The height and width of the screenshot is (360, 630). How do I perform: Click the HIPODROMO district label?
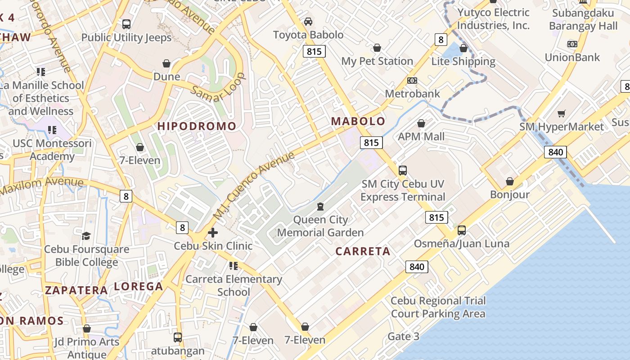(x=197, y=126)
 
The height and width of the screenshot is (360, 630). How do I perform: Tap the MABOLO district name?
(x=358, y=121)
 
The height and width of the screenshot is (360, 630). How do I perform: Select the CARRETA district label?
(x=363, y=252)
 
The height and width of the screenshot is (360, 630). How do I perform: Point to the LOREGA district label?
(x=138, y=286)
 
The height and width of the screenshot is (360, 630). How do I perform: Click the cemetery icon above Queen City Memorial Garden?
(x=320, y=207)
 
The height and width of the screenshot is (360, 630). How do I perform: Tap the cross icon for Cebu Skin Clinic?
(x=213, y=233)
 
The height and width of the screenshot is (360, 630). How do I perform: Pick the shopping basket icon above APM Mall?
(x=421, y=123)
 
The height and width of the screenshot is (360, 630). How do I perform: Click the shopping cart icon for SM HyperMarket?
(x=561, y=113)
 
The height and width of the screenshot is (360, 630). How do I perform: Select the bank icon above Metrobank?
(x=412, y=81)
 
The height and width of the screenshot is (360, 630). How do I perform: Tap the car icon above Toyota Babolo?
(x=308, y=21)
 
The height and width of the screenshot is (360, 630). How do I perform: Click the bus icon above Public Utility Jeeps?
(x=126, y=24)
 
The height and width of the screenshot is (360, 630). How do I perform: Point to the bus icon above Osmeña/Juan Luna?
(x=462, y=230)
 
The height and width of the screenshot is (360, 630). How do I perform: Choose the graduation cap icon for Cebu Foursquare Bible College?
(x=86, y=236)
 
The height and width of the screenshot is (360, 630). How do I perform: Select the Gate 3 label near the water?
(x=403, y=336)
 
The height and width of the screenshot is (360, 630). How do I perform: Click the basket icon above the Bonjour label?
(x=510, y=181)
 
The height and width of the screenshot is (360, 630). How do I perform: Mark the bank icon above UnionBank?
(x=572, y=44)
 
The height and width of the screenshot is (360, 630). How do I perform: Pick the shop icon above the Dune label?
(x=166, y=63)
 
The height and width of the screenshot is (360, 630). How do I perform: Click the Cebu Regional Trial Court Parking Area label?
(x=438, y=307)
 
